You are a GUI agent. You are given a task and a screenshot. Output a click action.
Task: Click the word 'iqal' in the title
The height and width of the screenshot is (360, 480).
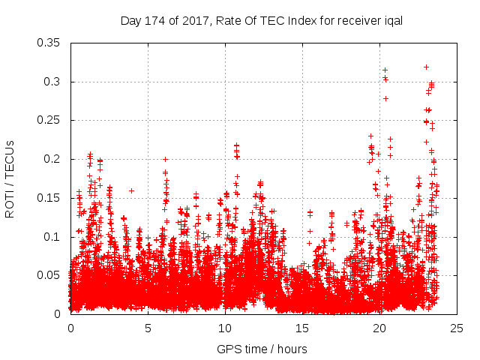coord(393,21)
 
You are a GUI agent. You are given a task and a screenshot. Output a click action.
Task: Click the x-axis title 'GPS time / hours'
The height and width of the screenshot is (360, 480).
coord(262,349)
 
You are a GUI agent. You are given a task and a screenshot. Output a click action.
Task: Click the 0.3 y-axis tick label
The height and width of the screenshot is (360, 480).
coord(55,82)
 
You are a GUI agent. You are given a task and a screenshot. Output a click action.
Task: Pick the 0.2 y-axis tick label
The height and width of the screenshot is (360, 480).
coord(55,159)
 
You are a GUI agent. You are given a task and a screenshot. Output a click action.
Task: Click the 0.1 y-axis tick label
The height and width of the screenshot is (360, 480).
coord(55,237)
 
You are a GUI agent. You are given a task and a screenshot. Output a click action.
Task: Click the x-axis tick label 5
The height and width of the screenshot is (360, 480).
coord(148,328)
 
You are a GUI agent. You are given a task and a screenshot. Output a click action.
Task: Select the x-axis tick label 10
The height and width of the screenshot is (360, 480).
coord(225,328)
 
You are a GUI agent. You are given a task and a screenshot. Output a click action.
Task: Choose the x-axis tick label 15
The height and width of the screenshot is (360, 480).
coord(302,328)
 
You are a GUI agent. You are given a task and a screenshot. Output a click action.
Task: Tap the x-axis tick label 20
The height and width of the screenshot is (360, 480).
coord(379,328)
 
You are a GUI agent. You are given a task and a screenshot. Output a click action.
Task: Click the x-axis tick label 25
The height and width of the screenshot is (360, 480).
coord(457,328)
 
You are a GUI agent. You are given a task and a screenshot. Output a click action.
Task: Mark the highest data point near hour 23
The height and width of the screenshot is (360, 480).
coord(426,67)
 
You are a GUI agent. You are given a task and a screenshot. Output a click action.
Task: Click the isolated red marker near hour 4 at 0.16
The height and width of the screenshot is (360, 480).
coord(132,190)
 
